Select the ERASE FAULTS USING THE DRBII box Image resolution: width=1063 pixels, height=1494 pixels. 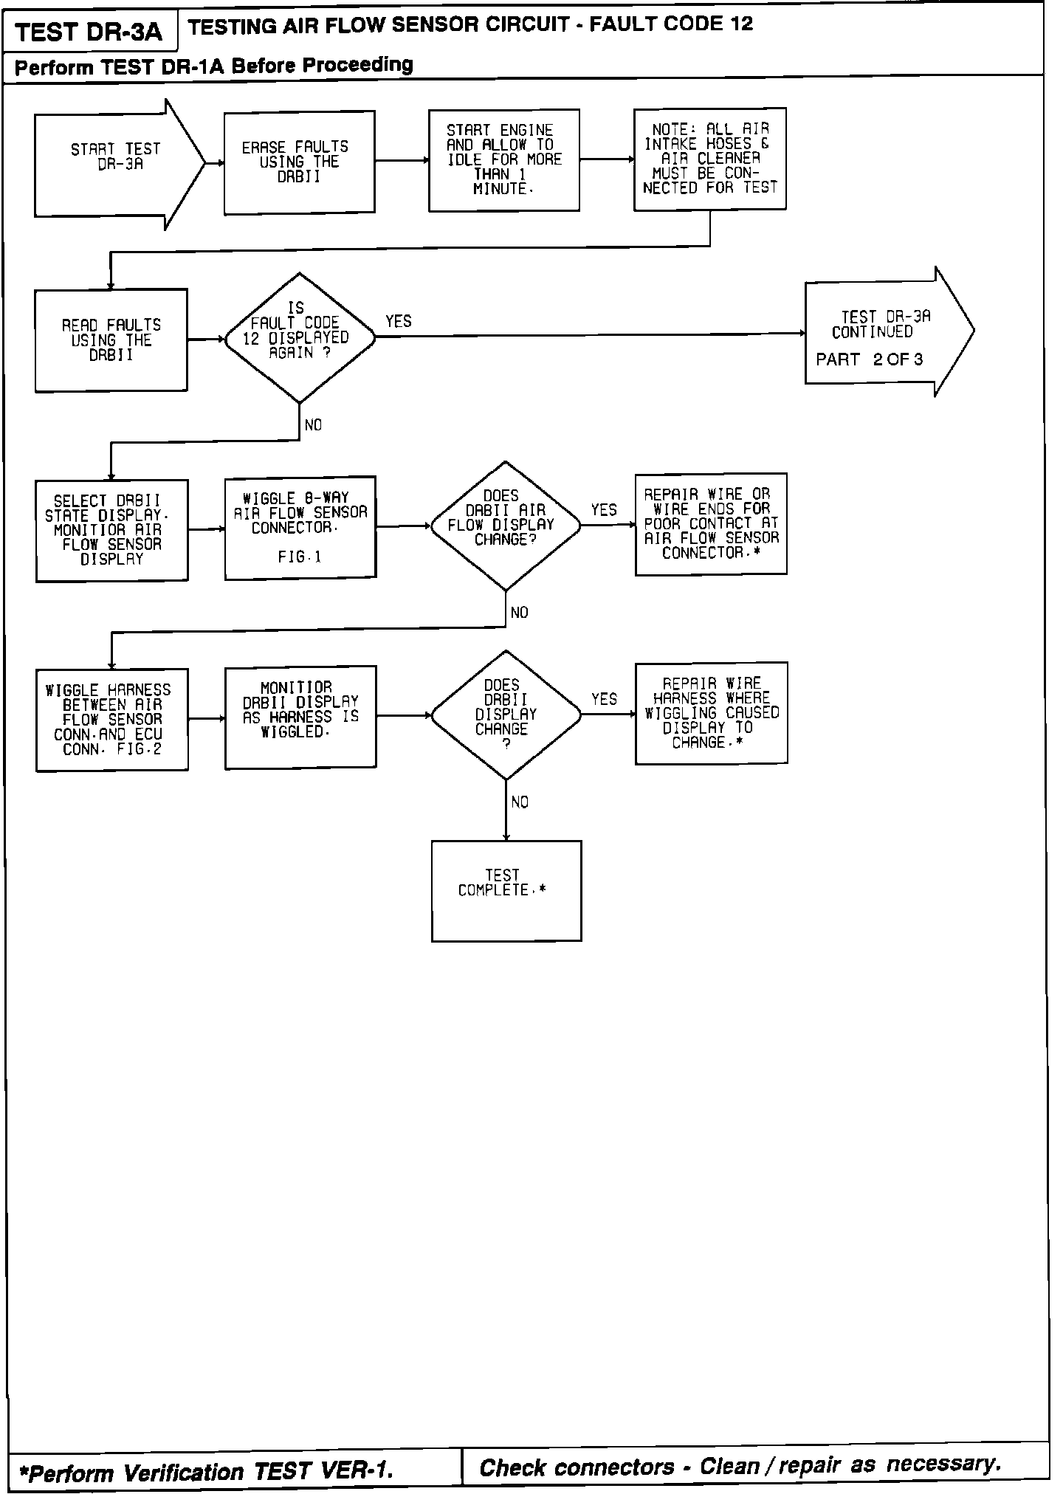coord(299,162)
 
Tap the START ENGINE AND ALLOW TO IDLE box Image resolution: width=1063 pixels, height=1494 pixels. coord(503,160)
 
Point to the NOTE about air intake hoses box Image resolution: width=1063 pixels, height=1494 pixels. coord(709,159)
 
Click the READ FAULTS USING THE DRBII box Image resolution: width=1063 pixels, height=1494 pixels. coord(111,340)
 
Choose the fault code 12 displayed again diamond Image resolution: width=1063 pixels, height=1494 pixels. coord(299,338)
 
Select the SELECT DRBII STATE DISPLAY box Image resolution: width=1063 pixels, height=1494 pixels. coord(111,530)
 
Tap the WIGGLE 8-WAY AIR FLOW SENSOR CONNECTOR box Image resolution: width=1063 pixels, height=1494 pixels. coord(300,527)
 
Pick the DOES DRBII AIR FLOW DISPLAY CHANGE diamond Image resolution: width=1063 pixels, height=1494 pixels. coord(506,526)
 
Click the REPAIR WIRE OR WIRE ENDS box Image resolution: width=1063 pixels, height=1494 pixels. coord(711,523)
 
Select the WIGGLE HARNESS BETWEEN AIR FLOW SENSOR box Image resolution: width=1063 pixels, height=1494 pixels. coord(111,720)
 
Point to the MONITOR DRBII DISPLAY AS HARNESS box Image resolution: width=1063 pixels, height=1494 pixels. coord(300,717)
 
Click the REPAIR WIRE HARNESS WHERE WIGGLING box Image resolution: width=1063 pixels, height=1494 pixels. coord(711,713)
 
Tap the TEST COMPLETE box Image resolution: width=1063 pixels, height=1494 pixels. coord(506,891)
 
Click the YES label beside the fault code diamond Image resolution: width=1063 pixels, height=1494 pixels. coord(399,321)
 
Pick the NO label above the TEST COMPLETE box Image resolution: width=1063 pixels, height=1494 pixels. coord(520,802)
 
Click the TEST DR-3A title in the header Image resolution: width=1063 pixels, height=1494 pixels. coord(89,32)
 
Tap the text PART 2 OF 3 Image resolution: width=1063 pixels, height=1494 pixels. coord(869,360)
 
